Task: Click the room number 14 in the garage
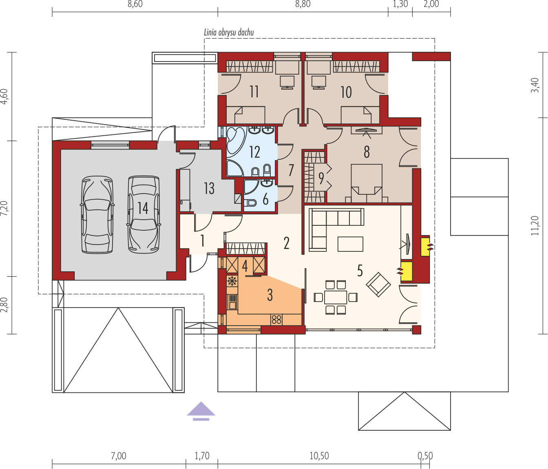143,208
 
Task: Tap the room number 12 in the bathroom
254,152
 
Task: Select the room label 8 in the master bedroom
367,152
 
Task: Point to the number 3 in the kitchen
270,295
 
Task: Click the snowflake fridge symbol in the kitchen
232,281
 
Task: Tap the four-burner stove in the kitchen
276,319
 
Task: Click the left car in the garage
97,215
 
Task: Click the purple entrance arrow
201,411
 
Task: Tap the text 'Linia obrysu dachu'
229,32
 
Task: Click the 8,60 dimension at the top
135,4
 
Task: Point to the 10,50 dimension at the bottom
319,456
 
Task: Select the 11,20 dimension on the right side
535,226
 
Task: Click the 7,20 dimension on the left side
4,208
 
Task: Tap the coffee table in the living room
350,244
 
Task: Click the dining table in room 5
336,297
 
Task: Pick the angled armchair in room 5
378,284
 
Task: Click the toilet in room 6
250,203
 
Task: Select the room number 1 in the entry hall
203,241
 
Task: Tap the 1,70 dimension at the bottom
202,456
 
